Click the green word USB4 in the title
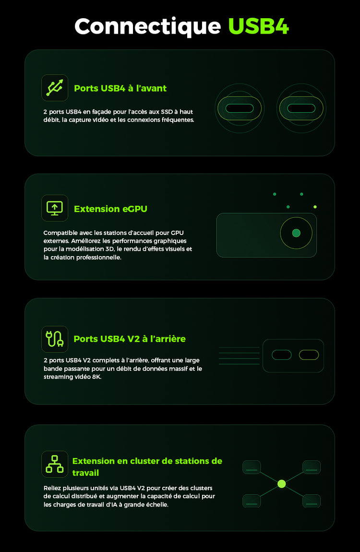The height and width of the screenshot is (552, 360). click(259, 26)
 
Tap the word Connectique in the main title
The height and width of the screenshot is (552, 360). click(147, 26)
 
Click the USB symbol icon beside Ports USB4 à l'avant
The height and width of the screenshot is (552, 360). click(55, 88)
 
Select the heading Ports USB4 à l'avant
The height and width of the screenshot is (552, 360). click(120, 88)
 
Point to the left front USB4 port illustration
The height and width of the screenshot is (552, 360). click(240, 108)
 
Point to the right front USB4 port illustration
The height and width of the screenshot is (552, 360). click(301, 108)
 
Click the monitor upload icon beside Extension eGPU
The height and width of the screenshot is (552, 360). click(55, 208)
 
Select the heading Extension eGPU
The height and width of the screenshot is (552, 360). click(110, 209)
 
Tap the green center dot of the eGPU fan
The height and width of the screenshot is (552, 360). click(296, 233)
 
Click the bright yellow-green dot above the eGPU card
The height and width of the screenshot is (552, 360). click(315, 207)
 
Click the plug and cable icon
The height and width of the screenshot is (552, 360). click(55, 339)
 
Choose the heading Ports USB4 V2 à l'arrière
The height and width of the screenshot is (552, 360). click(130, 339)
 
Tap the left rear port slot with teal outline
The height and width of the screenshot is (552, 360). click(281, 355)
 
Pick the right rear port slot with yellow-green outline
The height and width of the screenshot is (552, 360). click(309, 355)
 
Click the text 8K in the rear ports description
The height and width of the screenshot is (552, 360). click(96, 376)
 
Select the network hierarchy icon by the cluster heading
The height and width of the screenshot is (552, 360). click(55, 464)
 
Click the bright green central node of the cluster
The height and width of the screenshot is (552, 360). click(281, 484)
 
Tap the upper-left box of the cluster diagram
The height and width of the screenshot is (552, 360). click(252, 467)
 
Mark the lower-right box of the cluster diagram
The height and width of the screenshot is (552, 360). click(312, 501)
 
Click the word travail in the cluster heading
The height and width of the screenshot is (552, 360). click(85, 473)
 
